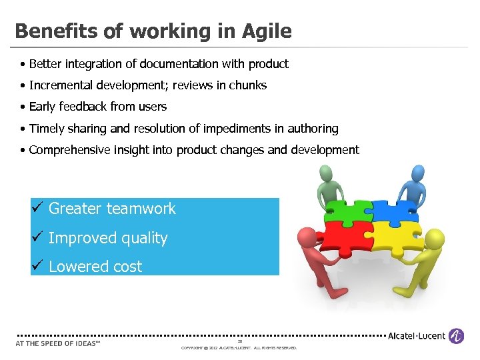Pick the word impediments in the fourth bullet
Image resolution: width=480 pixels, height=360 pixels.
(x=238, y=129)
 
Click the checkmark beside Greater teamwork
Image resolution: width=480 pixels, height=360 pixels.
(x=38, y=207)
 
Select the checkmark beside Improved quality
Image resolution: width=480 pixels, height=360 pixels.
(x=38, y=237)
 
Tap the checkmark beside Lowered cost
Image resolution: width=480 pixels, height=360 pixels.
(x=38, y=265)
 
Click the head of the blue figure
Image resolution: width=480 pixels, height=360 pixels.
(x=418, y=173)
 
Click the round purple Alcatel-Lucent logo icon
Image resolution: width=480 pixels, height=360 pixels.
(x=456, y=336)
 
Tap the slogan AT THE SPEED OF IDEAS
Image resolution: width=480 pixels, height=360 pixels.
(x=57, y=344)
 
